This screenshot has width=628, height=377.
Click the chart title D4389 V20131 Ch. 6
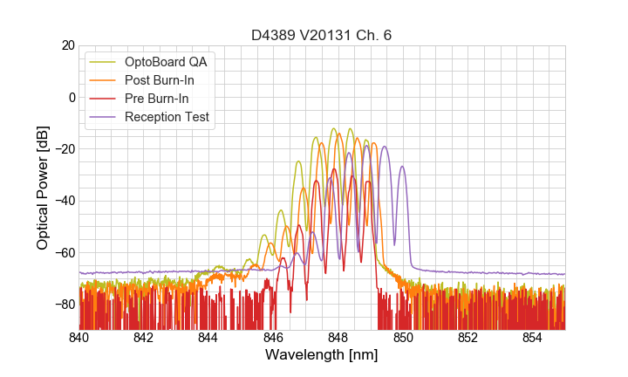tap(322, 35)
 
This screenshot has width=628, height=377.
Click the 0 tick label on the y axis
tap(72, 97)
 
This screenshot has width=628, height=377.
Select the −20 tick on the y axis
tap(65, 149)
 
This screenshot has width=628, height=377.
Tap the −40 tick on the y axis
tap(65, 201)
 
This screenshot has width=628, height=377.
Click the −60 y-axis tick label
tap(65, 253)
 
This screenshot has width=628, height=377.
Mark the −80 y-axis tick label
tap(65, 305)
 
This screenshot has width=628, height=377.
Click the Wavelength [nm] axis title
tap(322, 355)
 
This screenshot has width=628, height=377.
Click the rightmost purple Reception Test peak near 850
tap(402, 167)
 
